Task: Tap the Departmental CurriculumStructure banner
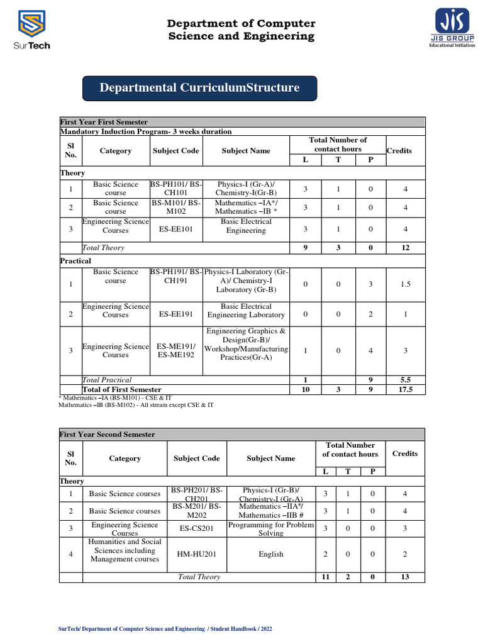(200, 88)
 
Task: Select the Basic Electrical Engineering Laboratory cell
(246, 310)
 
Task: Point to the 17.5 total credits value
(404, 390)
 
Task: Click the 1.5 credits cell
(404, 284)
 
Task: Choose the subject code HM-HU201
(196, 554)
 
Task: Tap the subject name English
(270, 554)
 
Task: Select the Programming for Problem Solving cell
(270, 529)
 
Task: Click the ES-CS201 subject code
(196, 529)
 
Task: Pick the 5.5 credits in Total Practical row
(404, 380)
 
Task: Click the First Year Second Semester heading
(107, 435)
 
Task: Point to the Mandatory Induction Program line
(146, 131)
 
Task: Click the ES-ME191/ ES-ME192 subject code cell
(176, 350)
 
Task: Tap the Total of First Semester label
(122, 390)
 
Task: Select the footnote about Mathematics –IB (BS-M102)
(136, 405)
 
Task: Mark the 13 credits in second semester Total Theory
(404, 577)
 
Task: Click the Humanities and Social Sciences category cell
(125, 550)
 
